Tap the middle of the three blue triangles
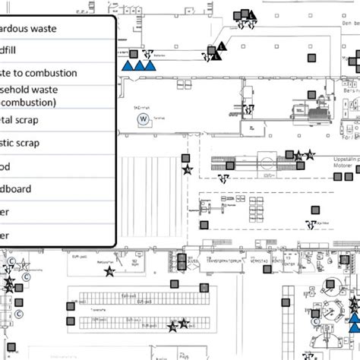click(x=139, y=66)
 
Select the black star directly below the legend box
click(x=109, y=271)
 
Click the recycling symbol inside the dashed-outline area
click(x=309, y=223)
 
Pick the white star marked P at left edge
click(x=24, y=265)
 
